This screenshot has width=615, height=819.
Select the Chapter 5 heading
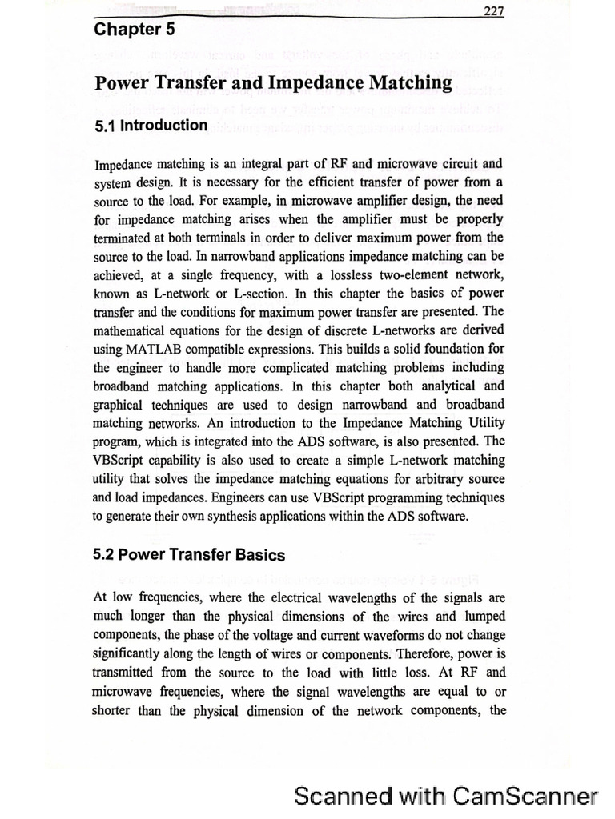pos(134,30)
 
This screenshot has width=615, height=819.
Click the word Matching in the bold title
pos(410,82)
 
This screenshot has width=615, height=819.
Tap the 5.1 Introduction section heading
pos(151,126)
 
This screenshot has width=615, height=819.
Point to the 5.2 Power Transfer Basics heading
pos(189,554)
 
